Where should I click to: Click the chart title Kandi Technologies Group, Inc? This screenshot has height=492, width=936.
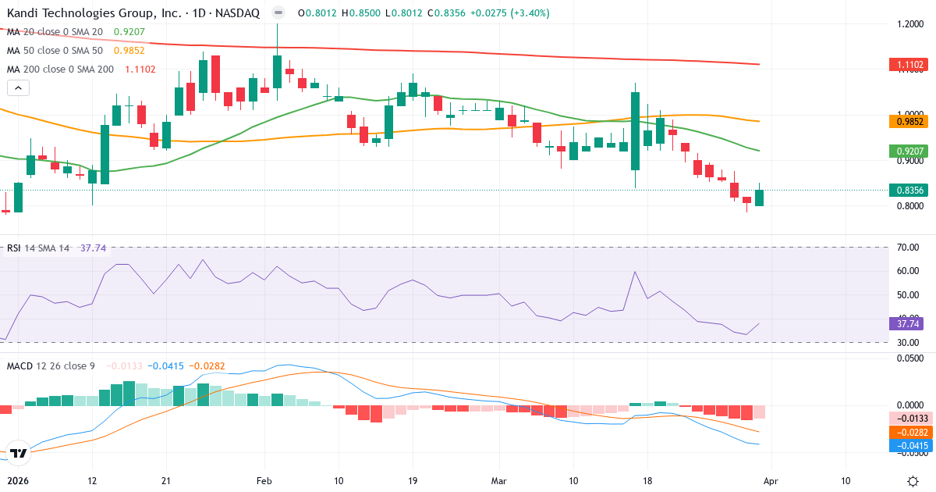93,13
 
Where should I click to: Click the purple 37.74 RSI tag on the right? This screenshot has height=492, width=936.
906,323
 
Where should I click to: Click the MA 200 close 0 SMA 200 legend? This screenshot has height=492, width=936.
60,70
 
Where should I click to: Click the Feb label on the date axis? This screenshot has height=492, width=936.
265,481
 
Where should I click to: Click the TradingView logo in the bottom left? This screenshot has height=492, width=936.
19,453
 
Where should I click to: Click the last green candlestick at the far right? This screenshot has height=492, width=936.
759,198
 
